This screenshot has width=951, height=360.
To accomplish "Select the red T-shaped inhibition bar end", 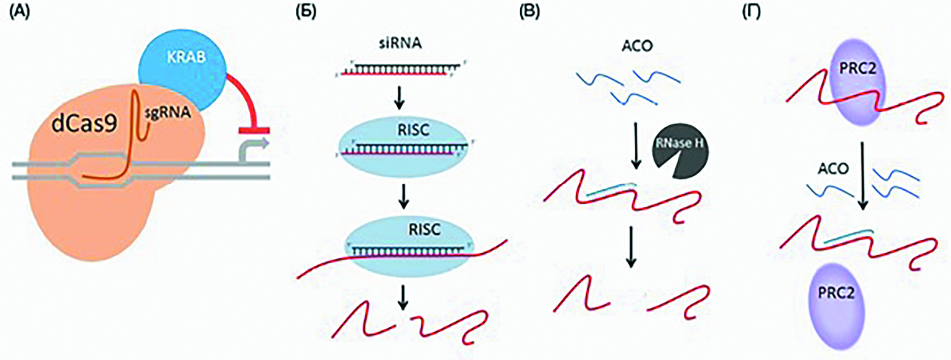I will pos(254,129).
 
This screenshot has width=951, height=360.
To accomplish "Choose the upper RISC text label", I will pos(414,130).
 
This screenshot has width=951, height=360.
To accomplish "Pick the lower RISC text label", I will pos(424,229).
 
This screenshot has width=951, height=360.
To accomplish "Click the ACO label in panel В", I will pos(637,46).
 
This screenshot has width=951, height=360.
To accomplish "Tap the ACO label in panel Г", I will pos(833,169).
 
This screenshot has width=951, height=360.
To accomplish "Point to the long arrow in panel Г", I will pos(862,176).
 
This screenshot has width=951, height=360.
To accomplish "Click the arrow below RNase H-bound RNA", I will pos(631,247).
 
